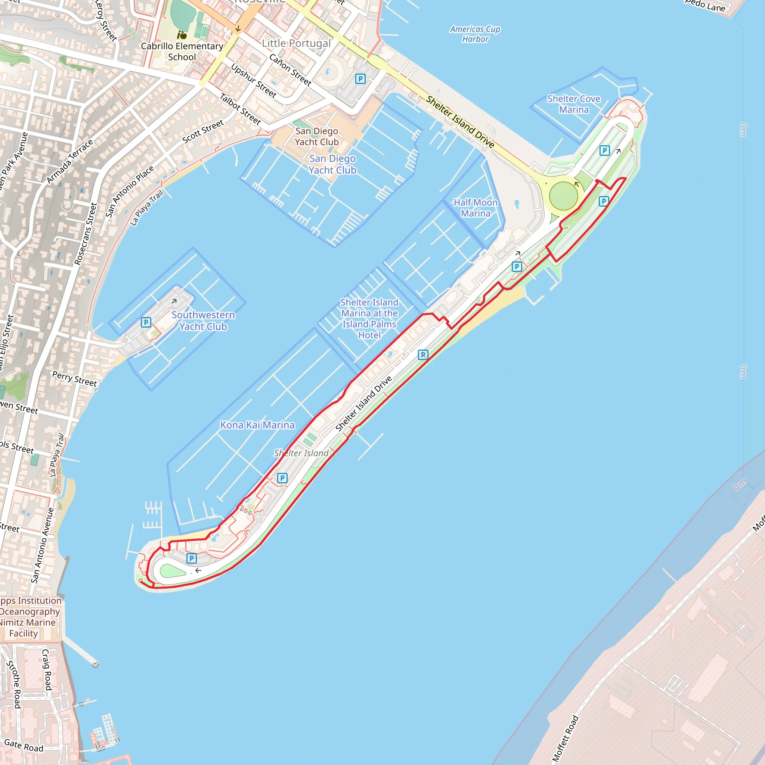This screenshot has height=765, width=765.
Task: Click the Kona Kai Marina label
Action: click(x=257, y=425)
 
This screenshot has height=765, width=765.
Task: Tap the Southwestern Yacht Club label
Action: click(x=203, y=321)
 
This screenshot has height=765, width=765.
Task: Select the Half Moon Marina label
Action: click(x=476, y=208)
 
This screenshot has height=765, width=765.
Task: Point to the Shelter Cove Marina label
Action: click(x=574, y=104)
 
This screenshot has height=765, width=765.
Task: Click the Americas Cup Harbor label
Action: click(x=475, y=34)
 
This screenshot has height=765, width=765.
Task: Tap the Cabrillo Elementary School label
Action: click(x=182, y=52)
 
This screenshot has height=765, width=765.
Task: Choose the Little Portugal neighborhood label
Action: click(x=296, y=44)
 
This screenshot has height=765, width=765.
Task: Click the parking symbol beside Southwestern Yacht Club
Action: click(x=146, y=322)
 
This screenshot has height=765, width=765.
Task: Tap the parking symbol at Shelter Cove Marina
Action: click(x=604, y=151)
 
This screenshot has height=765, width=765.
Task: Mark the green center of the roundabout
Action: click(x=563, y=196)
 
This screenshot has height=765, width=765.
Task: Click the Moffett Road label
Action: click(x=565, y=739)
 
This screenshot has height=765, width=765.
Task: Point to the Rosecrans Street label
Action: click(x=86, y=233)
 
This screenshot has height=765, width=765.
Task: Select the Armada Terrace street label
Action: click(x=70, y=161)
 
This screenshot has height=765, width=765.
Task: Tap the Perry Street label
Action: click(x=74, y=378)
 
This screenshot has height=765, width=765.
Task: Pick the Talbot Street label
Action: click(x=240, y=109)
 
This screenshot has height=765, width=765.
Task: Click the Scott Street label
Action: click(x=203, y=131)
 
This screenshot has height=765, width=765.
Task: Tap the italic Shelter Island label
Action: click(x=301, y=453)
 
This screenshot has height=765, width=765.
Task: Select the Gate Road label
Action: click(x=24, y=746)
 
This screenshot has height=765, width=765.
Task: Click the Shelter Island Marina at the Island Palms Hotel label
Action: click(x=369, y=319)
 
